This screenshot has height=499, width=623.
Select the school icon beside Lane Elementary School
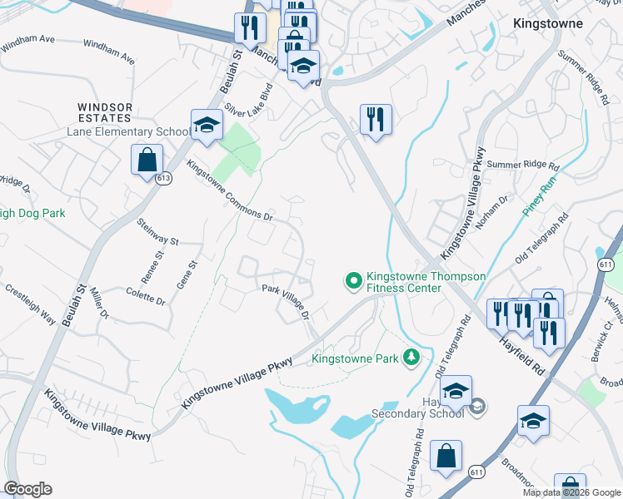click(x=206, y=126)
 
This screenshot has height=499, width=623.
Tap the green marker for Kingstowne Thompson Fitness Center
click(x=353, y=282)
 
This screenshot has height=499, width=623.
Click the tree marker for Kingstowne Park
click(x=410, y=358)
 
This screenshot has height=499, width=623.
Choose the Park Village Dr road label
click(x=286, y=301)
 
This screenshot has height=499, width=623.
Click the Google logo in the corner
click(x=27, y=488)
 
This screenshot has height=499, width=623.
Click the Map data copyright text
click(x=571, y=492)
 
